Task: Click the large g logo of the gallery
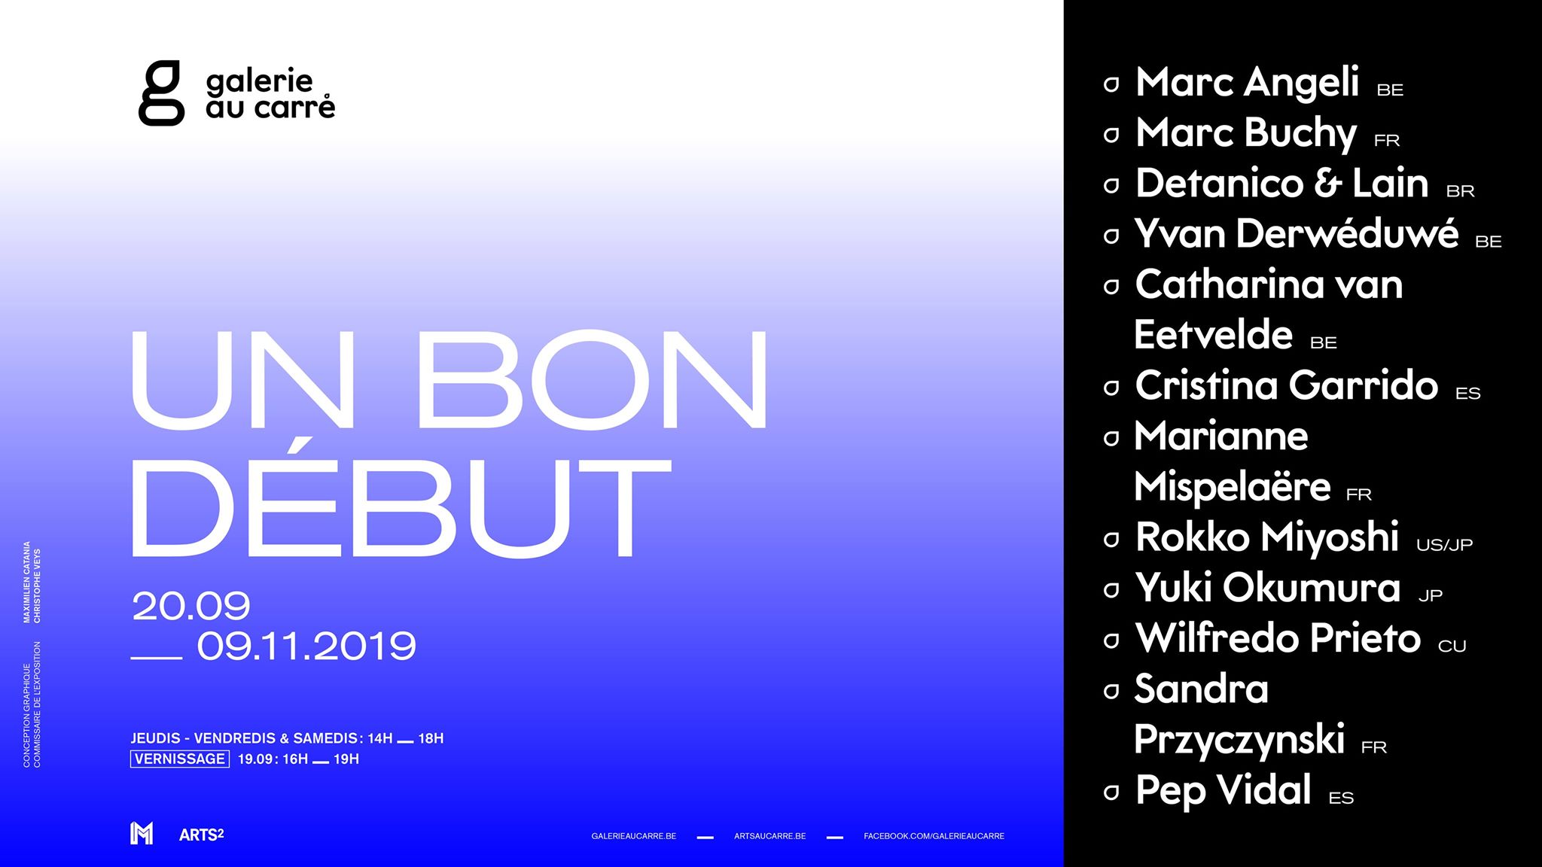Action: click(x=161, y=93)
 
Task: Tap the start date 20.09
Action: click(x=191, y=607)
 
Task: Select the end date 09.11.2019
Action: click(x=306, y=646)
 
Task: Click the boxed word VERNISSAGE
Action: click(x=180, y=759)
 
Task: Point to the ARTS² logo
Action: click(x=202, y=835)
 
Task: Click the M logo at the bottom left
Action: click(x=142, y=833)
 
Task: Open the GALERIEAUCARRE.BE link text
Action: click(x=634, y=836)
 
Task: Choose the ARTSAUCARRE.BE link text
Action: click(x=770, y=836)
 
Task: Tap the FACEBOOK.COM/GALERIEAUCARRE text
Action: click(x=934, y=836)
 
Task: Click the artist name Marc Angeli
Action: click(x=1247, y=83)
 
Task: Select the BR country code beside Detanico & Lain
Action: click(x=1460, y=191)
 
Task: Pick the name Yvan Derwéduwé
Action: click(x=1297, y=233)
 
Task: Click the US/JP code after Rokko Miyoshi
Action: click(x=1444, y=545)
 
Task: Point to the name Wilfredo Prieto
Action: click(x=1278, y=638)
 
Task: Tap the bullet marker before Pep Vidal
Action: click(x=1111, y=792)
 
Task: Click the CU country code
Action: click(x=1452, y=646)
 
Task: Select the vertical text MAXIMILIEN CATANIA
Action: click(x=27, y=582)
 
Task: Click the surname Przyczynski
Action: click(x=1239, y=740)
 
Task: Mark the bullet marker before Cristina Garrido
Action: click(x=1111, y=388)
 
